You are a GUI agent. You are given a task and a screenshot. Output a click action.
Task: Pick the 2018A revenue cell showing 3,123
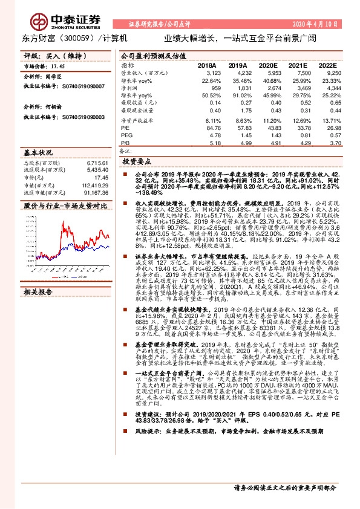pyautogui.click(x=207, y=73)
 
